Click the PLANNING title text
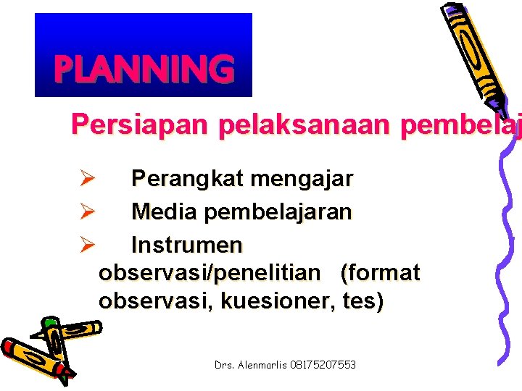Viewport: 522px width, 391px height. (x=144, y=70)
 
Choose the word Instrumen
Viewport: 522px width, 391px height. (x=186, y=245)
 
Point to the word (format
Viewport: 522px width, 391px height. (x=380, y=273)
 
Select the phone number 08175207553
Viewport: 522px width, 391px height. (x=328, y=365)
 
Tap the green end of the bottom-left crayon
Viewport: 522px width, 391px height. (x=49, y=323)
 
